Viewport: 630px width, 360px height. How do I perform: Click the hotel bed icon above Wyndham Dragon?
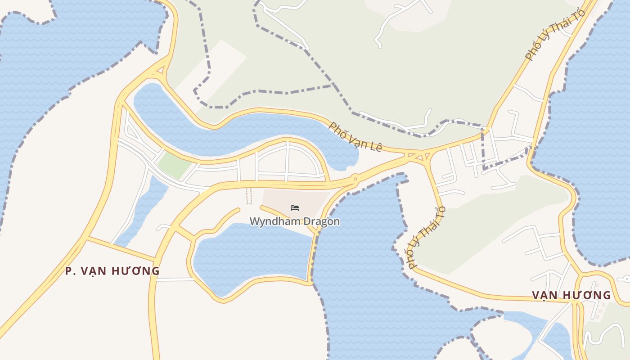point(295,208)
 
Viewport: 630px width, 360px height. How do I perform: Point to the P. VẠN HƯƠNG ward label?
point(112,271)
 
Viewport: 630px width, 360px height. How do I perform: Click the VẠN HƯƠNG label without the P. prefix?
point(571,295)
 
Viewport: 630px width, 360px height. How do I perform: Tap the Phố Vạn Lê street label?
point(355,136)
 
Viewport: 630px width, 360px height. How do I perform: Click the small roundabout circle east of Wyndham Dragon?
point(355,179)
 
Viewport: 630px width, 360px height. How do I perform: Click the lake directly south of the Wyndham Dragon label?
point(252,256)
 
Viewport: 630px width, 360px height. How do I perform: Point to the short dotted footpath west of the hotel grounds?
point(249,196)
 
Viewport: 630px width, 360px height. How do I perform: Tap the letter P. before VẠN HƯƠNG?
point(70,271)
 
